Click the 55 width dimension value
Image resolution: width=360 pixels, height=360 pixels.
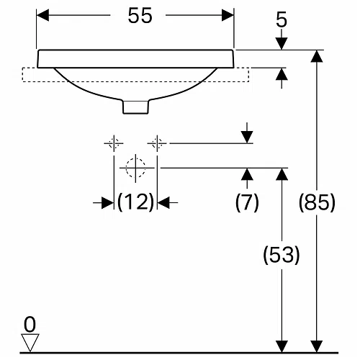140,15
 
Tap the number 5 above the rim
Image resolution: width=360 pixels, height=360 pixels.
282,19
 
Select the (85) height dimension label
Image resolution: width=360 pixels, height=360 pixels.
317,202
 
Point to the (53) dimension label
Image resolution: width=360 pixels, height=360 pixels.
282,254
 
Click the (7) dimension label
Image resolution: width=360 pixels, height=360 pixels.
247,202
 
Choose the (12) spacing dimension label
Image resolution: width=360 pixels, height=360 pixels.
135,202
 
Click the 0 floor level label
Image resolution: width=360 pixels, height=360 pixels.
30,325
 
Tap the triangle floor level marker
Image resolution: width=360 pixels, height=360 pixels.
30,343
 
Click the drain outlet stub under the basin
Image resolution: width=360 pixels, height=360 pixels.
135,107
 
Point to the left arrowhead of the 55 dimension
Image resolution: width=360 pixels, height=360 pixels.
42,15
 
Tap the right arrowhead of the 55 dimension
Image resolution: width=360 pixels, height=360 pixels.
228,15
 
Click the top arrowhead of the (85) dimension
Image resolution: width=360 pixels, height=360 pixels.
317,56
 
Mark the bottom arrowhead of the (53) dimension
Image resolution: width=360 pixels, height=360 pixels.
282,347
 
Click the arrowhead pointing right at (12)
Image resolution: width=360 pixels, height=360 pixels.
108,203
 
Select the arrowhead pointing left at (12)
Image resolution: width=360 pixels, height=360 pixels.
163,203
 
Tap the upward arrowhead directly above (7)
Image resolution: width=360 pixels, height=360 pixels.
247,174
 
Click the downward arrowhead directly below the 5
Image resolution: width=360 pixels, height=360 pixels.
282,44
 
